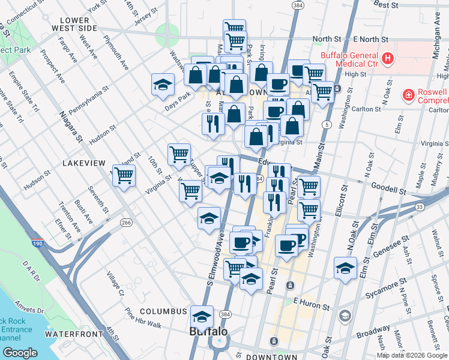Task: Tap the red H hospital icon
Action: [x=388, y=59]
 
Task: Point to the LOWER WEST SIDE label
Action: [x=74, y=23]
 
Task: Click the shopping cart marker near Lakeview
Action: [x=124, y=176]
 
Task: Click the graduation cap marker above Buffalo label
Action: [x=202, y=316]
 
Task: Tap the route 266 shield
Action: [x=125, y=223]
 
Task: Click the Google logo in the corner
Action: [x=20, y=352]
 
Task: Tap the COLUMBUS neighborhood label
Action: [x=163, y=311]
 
